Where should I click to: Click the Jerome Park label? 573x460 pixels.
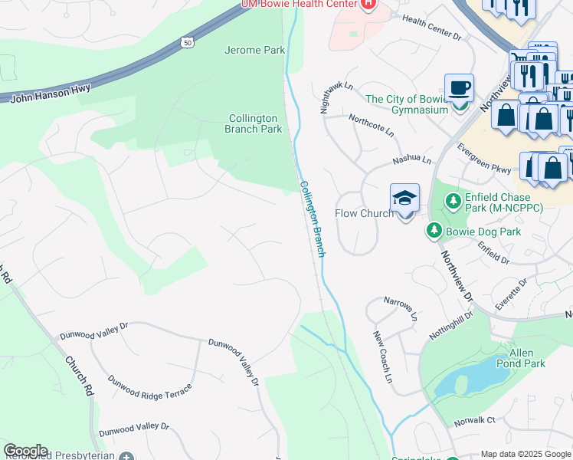click(x=254, y=51)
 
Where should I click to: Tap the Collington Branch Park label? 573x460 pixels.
click(x=254, y=123)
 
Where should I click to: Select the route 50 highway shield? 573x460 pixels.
click(x=187, y=43)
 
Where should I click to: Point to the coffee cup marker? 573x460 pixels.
click(x=459, y=87)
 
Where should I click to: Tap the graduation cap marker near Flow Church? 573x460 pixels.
click(x=404, y=199)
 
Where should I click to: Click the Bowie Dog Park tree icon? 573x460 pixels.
click(x=434, y=230)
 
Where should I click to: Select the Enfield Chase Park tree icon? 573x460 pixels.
click(x=453, y=202)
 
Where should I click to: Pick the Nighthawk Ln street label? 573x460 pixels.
click(x=336, y=98)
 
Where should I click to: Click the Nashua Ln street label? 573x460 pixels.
click(x=412, y=161)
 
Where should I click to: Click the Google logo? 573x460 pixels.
click(x=25, y=451)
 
